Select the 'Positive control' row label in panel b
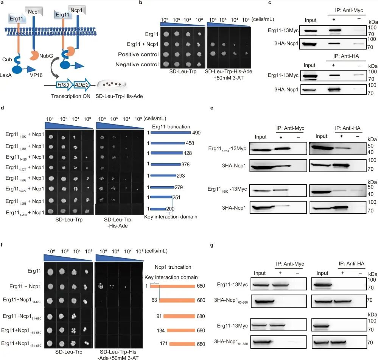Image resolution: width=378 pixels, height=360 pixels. pos(138,54)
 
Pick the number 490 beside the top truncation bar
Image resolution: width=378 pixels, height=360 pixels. pos(195,133)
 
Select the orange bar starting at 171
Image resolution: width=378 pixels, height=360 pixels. pos(182,344)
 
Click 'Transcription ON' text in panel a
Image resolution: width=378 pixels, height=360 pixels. pos(68,96)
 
